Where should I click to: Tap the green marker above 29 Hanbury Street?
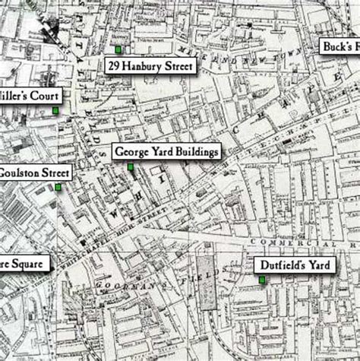click(118, 49)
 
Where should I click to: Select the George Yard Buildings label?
click(166, 151)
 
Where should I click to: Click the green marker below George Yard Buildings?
click(130, 166)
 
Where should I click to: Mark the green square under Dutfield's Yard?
click(262, 280)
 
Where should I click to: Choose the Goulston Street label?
click(34, 172)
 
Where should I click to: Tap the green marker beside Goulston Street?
click(58, 186)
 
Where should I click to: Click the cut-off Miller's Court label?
click(30, 97)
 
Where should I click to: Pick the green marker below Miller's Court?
click(55, 112)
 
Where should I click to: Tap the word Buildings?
click(196, 151)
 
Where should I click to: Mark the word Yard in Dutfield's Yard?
click(310, 265)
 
